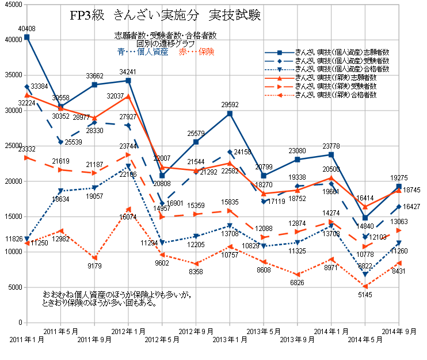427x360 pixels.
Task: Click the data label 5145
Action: pyautogui.click(x=365, y=295)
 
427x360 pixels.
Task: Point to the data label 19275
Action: pyautogui.click(x=399, y=179)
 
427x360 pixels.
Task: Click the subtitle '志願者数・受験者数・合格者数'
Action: pyautogui.click(x=165, y=36)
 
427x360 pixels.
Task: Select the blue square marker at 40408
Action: pyautogui.click(x=27, y=37)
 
